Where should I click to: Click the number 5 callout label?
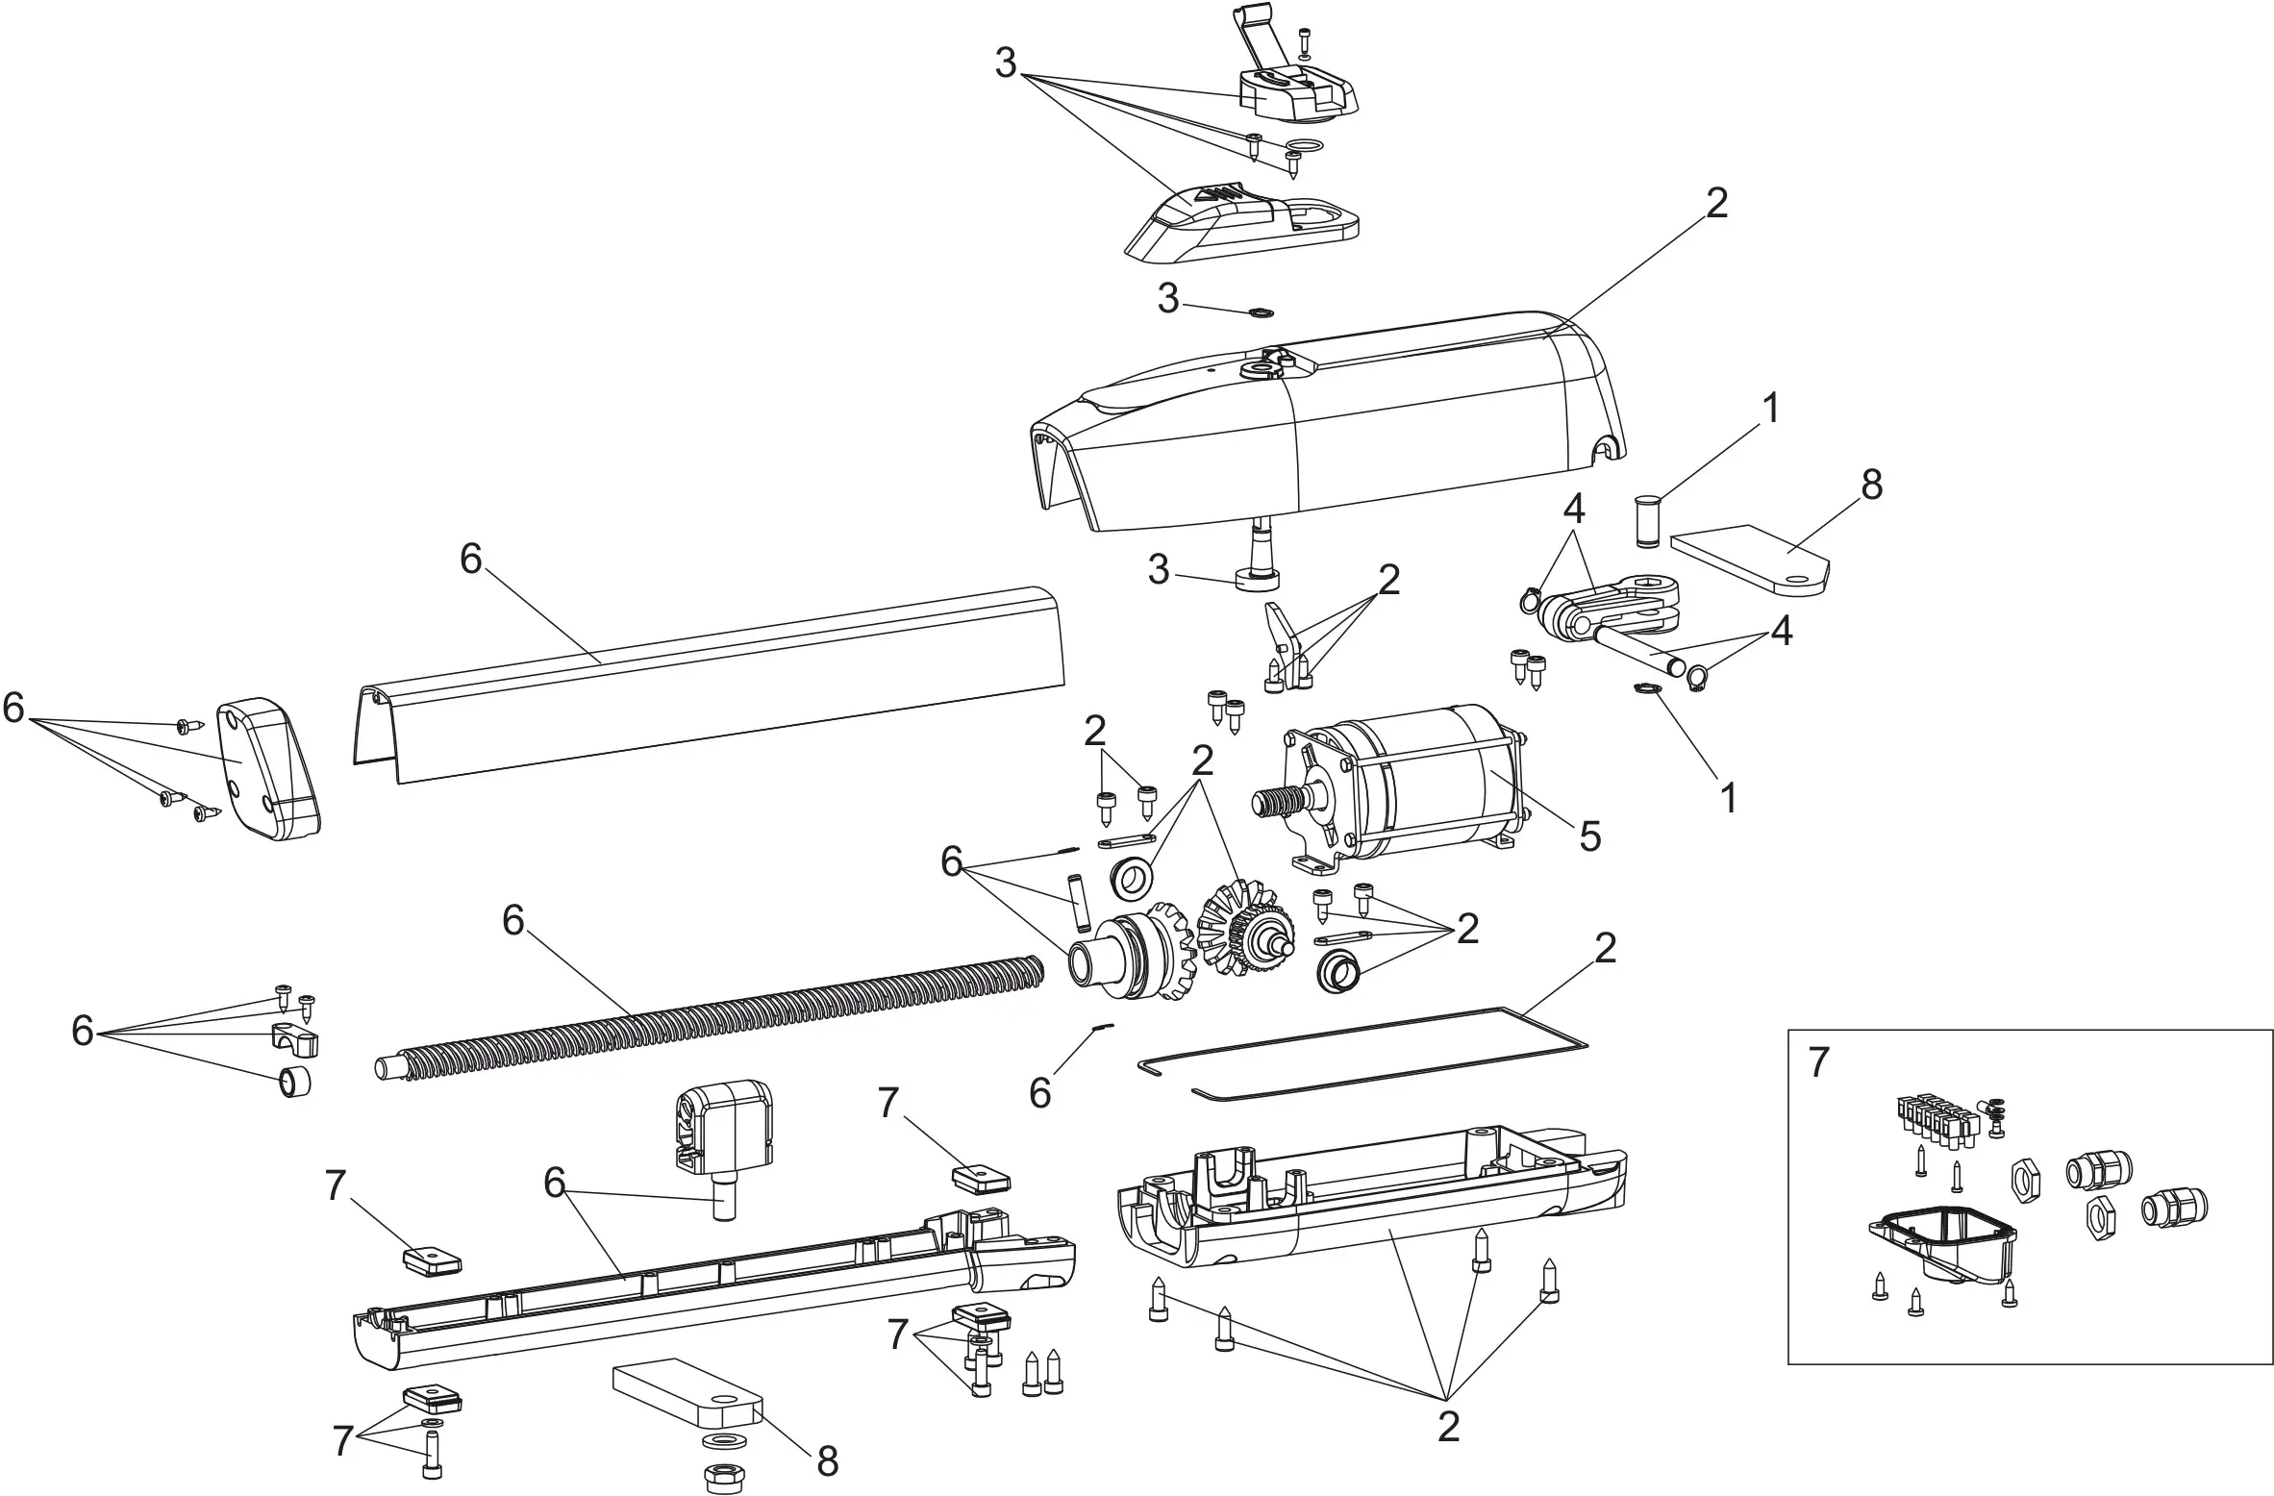1590,837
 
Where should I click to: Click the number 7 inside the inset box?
1817,1063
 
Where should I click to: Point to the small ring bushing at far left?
294,1083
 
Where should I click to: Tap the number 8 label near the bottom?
827,1462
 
